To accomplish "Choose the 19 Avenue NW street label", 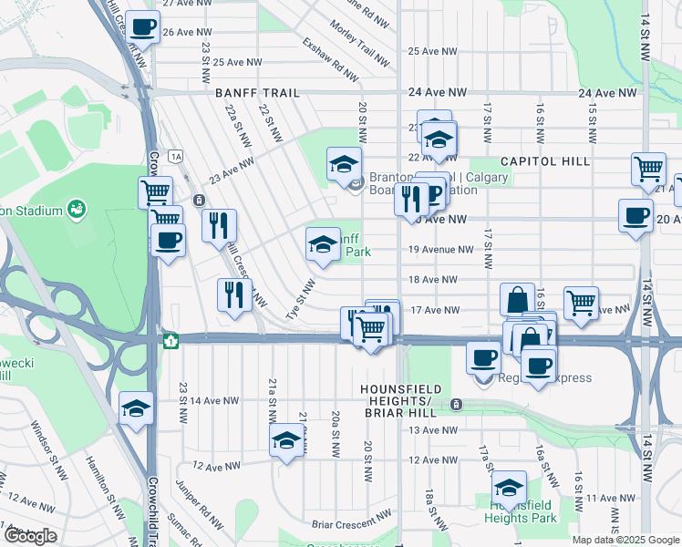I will coord(441,249).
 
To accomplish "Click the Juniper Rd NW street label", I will coord(201,507).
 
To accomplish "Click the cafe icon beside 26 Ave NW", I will coord(141,27).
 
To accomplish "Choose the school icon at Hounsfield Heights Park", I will coord(509,485).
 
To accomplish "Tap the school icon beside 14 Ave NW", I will coord(136,408).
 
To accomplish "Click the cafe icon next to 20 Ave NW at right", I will coord(635,216).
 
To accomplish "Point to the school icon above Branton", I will coord(344,164).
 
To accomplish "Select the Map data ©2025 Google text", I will coord(625,540).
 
